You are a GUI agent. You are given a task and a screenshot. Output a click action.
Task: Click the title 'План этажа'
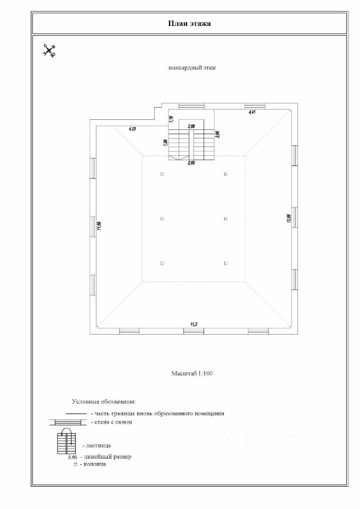(x=189, y=23)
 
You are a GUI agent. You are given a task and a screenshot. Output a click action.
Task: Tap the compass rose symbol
(x=49, y=51)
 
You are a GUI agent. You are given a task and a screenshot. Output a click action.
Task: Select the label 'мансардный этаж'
(x=192, y=68)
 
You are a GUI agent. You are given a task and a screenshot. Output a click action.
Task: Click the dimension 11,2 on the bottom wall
(x=194, y=323)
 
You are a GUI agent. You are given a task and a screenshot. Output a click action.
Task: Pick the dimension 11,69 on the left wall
(x=99, y=225)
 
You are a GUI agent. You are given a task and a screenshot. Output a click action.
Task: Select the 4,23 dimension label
(x=132, y=128)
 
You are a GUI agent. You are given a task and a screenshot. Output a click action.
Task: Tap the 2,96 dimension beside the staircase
(x=217, y=134)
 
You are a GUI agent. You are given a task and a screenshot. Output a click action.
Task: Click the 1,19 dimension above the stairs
(x=171, y=119)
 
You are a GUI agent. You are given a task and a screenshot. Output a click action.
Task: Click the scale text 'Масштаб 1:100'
(x=191, y=374)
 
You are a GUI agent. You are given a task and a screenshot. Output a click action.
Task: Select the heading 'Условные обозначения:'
(x=104, y=402)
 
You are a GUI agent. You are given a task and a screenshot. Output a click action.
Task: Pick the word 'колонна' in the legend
(x=95, y=464)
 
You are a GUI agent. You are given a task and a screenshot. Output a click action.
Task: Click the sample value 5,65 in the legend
(x=73, y=457)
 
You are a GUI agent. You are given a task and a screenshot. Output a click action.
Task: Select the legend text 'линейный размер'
(x=108, y=457)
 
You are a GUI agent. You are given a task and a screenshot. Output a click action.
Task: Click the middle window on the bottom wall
(x=194, y=331)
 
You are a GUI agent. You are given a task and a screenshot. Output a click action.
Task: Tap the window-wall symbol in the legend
(x=67, y=422)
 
